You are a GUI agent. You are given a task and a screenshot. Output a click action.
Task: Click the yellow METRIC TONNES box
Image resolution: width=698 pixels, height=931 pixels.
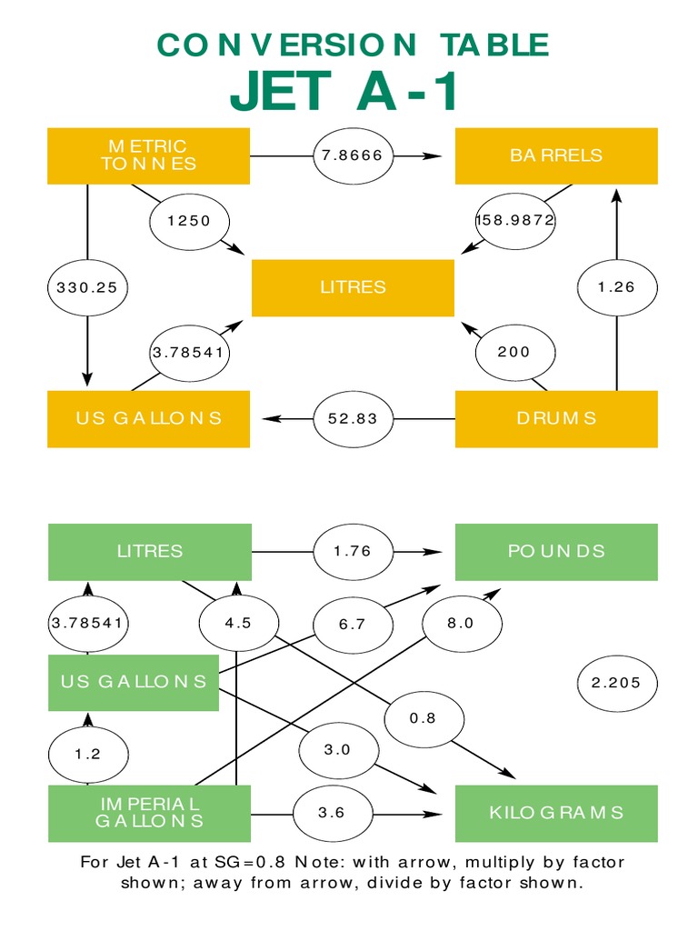pos(148,155)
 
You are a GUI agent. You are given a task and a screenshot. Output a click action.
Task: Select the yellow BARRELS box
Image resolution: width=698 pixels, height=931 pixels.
pos(555,155)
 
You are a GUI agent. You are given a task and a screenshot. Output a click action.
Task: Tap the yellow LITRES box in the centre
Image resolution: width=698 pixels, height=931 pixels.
pos(353,287)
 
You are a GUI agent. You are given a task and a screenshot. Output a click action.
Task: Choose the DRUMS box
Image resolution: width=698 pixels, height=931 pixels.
pos(555,418)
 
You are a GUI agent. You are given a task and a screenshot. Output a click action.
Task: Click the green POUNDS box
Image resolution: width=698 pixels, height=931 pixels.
pos(555,551)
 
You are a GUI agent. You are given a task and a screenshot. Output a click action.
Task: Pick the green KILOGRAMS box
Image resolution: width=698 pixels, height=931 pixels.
pos(555,812)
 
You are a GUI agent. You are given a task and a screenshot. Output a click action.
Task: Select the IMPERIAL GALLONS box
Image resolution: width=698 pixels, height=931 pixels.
pos(148,812)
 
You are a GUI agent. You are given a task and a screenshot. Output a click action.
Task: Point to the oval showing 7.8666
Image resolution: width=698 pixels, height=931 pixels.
pos(354,155)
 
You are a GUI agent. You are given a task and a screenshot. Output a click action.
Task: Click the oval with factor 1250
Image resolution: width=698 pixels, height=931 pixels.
pos(189,221)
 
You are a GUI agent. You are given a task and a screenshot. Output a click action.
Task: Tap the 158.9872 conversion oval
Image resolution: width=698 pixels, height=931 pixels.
pos(515,221)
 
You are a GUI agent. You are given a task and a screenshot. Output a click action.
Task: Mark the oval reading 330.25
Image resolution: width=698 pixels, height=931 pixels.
pos(87,287)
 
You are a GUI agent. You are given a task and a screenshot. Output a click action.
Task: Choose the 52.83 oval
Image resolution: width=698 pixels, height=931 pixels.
pos(354,418)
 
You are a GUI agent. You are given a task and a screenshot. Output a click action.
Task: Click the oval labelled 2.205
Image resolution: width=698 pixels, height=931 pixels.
pos(617,683)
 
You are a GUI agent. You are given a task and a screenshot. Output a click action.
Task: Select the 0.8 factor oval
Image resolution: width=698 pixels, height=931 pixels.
pos(423,717)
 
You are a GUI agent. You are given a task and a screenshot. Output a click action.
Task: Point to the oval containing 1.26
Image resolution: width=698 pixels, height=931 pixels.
pos(617,287)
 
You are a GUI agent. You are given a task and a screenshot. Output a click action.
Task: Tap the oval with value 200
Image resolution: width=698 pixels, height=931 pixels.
pos(514,352)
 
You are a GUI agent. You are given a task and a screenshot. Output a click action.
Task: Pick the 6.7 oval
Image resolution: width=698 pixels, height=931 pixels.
pos(353,624)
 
